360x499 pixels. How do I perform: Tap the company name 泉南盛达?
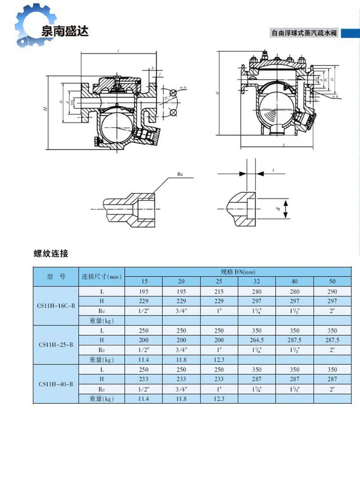pos(65,31)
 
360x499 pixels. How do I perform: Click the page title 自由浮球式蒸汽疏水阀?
pos(305,33)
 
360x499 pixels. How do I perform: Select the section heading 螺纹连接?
pos(51,254)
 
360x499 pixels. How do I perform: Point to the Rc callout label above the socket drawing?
pos(180,174)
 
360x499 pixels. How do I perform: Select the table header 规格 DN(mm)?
pos(238,272)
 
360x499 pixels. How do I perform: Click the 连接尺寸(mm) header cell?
pos(101,276)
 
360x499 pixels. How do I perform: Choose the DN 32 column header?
pos(256,281)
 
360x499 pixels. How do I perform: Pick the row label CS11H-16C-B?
pos(56,305)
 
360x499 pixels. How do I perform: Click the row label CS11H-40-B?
pos(56,384)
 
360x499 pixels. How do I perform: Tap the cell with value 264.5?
pos(256,340)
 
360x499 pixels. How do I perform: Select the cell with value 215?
pos(219,291)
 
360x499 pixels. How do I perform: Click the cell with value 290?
pos(332,291)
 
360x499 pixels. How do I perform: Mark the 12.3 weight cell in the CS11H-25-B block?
pos(219,359)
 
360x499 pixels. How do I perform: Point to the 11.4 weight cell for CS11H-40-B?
pos(144,398)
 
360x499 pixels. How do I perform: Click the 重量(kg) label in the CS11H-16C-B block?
pos(101,320)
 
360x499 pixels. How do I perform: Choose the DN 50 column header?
pos(332,281)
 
